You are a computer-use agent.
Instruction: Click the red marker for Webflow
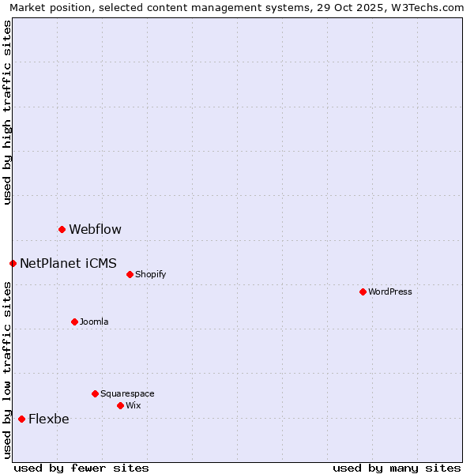[62, 229]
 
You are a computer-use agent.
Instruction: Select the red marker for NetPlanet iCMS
[13, 263]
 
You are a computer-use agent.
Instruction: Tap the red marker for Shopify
[130, 274]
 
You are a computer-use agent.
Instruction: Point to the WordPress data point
[363, 292]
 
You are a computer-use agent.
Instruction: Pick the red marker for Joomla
[74, 322]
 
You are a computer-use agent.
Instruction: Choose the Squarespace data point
[95, 393]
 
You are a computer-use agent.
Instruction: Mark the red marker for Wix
[120, 405]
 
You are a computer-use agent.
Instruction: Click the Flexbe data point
[21, 419]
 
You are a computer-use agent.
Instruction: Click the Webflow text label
[95, 230]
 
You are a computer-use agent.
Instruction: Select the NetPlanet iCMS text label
[68, 264]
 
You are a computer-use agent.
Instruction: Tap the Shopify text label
[150, 275]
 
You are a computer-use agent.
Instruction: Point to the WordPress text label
[389, 292]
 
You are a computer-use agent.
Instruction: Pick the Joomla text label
[94, 322]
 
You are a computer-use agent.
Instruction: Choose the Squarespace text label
[127, 394]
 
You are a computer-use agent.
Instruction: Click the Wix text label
[133, 406]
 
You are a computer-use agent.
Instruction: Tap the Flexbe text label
[48, 419]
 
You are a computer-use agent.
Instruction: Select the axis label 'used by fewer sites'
[81, 468]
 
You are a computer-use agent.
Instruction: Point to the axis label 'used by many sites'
[397, 468]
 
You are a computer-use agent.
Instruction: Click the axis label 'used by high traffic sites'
[7, 112]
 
